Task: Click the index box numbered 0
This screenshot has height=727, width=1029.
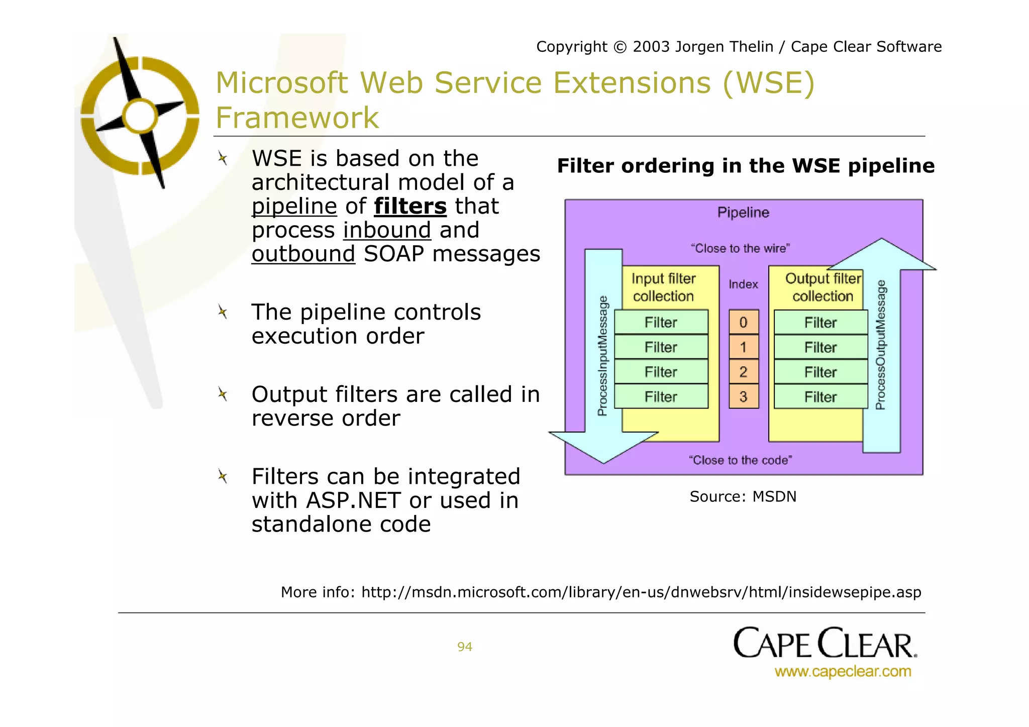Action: click(743, 323)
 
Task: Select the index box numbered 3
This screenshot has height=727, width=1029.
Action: click(743, 397)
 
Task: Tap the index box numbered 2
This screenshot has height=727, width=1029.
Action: click(743, 372)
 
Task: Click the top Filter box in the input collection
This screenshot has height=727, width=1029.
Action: click(661, 323)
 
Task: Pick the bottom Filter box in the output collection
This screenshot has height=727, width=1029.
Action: click(820, 397)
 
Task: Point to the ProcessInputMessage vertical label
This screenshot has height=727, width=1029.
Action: click(603, 356)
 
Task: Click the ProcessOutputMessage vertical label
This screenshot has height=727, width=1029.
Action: click(881, 345)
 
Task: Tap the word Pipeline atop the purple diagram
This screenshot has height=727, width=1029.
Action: click(743, 213)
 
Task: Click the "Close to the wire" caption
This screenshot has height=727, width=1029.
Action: click(740, 248)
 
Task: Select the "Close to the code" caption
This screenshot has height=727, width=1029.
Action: click(740, 460)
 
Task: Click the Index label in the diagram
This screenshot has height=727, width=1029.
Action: click(743, 284)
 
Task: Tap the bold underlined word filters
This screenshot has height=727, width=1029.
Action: click(410, 206)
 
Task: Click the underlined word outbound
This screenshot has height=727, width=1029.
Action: click(303, 254)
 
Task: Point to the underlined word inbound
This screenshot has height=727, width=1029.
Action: click(387, 231)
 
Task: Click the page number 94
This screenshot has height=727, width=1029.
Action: click(465, 647)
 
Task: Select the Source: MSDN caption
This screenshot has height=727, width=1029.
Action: click(743, 497)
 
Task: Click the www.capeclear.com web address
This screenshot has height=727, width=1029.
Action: click(843, 672)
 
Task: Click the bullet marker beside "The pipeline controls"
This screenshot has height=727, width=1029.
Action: click(223, 313)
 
